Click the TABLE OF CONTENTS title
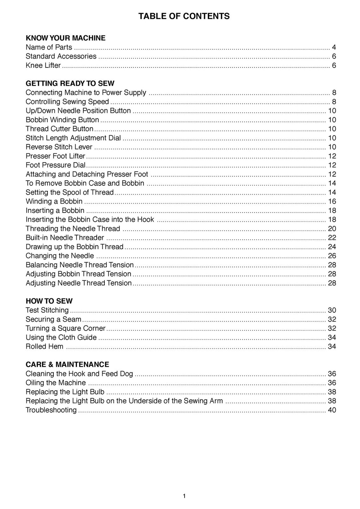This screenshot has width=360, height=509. point(184,16)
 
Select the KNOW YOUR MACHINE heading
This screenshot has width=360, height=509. point(65,38)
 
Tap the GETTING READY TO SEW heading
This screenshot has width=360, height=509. point(70,83)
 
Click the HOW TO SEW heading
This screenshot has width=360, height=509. point(49,301)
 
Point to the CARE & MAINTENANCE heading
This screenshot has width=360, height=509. point(67,364)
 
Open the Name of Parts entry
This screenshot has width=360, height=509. point(49,47)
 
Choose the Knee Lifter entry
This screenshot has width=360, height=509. point(43,65)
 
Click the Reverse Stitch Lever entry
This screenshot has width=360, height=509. point(59,147)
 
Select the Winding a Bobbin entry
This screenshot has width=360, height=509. point(54,201)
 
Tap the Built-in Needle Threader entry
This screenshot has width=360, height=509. point(65,237)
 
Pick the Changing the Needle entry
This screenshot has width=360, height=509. point(60,256)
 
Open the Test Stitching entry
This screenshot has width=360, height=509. point(47,310)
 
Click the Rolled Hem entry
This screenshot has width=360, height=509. point(45,346)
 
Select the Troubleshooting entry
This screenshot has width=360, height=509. point(51,410)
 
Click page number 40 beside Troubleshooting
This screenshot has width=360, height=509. point(332,410)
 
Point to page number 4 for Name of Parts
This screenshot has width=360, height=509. point(334,47)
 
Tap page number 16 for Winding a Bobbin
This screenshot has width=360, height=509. point(332,201)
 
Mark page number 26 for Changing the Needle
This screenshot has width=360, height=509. point(332,256)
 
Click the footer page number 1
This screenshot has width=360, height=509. point(184,496)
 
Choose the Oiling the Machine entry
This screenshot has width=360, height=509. point(56,383)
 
